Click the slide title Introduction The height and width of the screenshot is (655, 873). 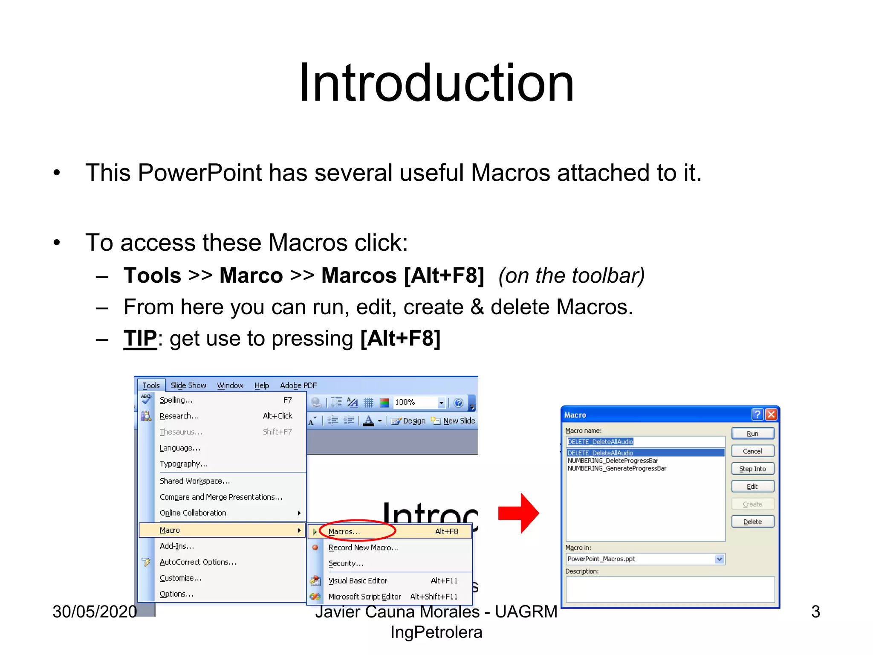tap(436, 83)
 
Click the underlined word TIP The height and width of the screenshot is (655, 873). tap(140, 339)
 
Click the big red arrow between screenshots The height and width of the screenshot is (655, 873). tap(518, 513)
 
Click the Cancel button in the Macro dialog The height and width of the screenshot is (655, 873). tap(752, 451)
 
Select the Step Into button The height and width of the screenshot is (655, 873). tap(752, 469)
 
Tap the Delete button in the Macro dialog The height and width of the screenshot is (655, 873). tap(752, 522)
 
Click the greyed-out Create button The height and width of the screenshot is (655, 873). tap(752, 504)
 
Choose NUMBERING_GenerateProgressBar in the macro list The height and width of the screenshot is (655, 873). tap(617, 468)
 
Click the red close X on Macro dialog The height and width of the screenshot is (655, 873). tap(771, 414)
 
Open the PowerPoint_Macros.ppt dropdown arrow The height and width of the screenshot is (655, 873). tap(720, 559)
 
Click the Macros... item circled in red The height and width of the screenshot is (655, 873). tap(344, 532)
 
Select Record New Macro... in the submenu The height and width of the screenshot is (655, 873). tap(363, 548)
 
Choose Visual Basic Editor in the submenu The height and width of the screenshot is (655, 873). tap(358, 581)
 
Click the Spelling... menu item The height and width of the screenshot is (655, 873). tap(176, 400)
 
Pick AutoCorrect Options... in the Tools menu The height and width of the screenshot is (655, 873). tap(198, 562)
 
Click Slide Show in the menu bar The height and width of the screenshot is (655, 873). tap(188, 385)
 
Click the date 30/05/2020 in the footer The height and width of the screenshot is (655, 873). tap(95, 612)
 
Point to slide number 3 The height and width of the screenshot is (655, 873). tap(815, 612)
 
